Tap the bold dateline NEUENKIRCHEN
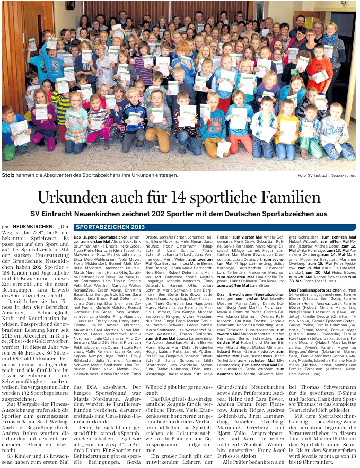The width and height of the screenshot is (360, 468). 31,226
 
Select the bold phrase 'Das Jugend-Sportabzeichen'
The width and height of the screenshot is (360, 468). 93,237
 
